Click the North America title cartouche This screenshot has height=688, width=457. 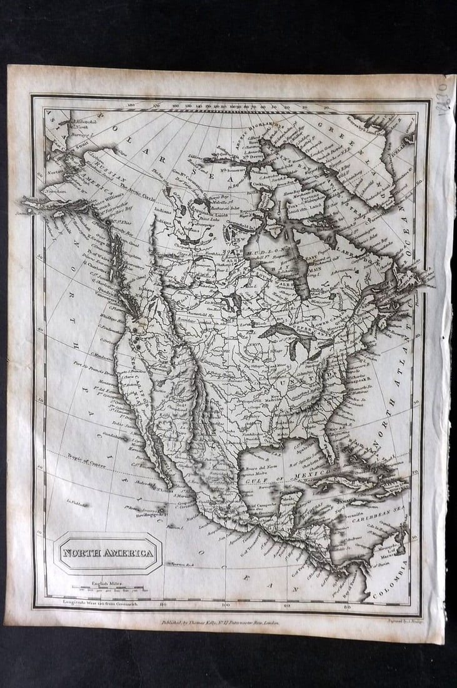coord(108,553)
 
